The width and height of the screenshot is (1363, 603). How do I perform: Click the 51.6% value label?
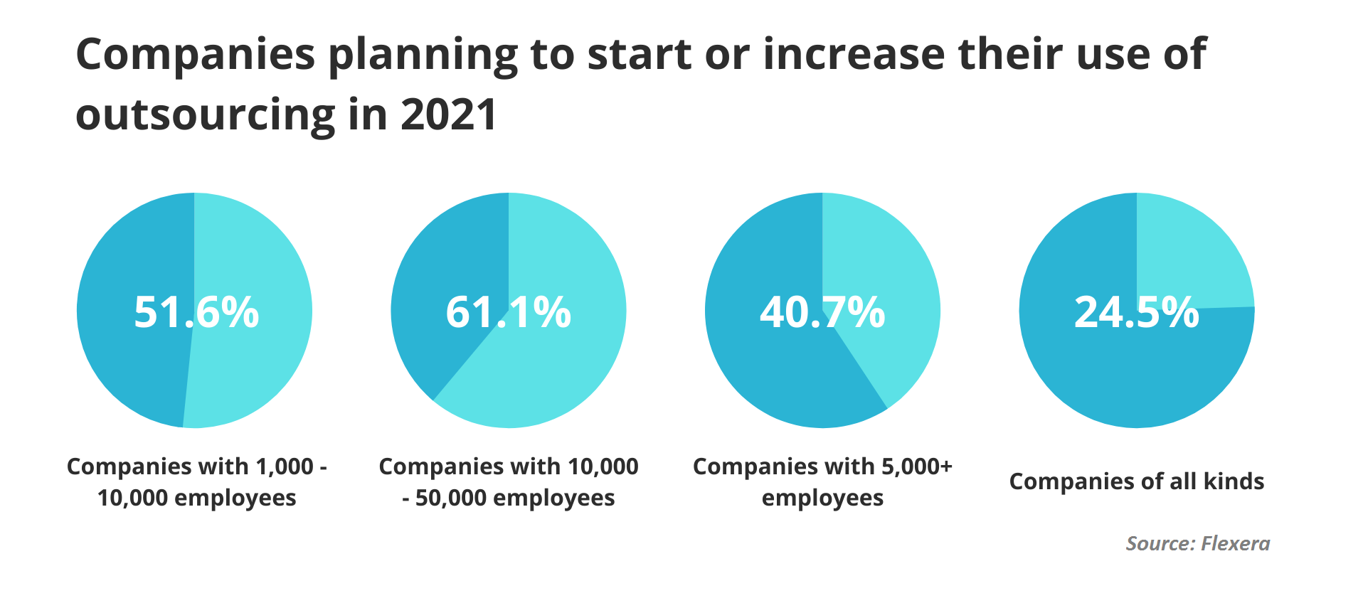[196, 312]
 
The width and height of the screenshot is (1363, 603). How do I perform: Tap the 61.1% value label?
[508, 312]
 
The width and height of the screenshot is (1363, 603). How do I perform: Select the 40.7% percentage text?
[822, 312]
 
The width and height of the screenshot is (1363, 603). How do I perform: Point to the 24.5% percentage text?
[1136, 312]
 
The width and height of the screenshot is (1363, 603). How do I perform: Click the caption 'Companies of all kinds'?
[1136, 481]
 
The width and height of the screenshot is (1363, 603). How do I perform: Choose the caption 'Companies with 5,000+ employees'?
[822, 481]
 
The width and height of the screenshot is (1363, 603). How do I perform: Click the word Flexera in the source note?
[1235, 544]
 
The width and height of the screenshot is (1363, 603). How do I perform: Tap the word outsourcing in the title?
[206, 115]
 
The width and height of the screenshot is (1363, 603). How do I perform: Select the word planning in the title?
[423, 55]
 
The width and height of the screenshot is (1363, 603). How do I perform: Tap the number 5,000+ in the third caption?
[916, 466]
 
